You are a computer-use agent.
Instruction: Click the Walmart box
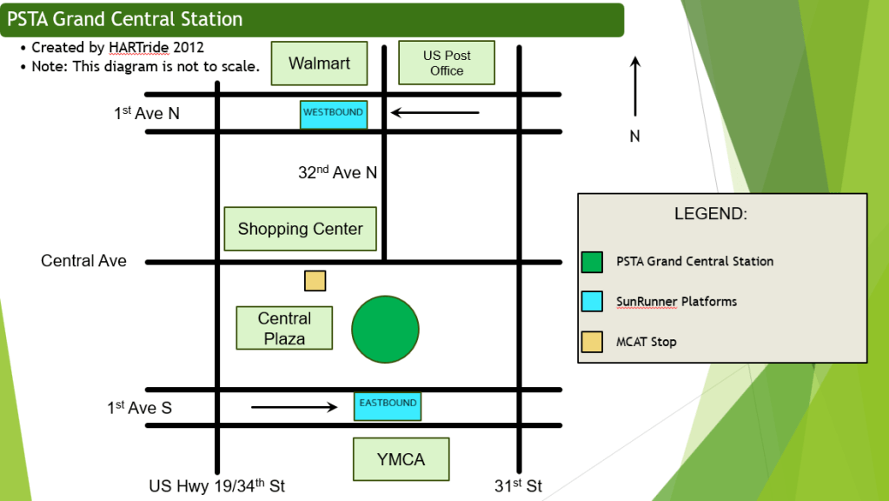pyautogui.click(x=319, y=63)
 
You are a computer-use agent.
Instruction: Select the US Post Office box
pyautogui.click(x=446, y=63)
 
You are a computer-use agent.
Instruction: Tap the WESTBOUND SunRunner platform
pyautogui.click(x=333, y=114)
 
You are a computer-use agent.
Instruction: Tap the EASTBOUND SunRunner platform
pyautogui.click(x=388, y=405)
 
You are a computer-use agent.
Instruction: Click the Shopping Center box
pyautogui.click(x=300, y=230)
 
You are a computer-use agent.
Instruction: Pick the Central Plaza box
pyautogui.click(x=284, y=328)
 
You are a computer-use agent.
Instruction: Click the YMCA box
pyautogui.click(x=401, y=459)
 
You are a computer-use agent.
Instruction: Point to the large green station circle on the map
pyautogui.click(x=385, y=330)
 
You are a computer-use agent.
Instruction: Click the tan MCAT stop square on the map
pyautogui.click(x=315, y=281)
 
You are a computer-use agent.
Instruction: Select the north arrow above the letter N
pyautogui.click(x=635, y=86)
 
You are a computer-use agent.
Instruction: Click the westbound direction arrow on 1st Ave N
pyautogui.click(x=435, y=112)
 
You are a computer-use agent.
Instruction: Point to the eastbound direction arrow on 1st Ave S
pyautogui.click(x=294, y=406)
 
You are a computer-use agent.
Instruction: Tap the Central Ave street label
pyautogui.click(x=83, y=261)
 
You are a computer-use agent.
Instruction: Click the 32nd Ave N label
pyautogui.click(x=337, y=173)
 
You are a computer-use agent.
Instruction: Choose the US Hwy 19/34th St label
pyautogui.click(x=216, y=486)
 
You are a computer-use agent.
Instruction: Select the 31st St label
pyautogui.click(x=518, y=486)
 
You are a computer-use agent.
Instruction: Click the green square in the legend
pyautogui.click(x=592, y=261)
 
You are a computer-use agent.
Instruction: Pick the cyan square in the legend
pyautogui.click(x=592, y=302)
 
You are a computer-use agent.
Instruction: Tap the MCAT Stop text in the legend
pyautogui.click(x=646, y=342)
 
